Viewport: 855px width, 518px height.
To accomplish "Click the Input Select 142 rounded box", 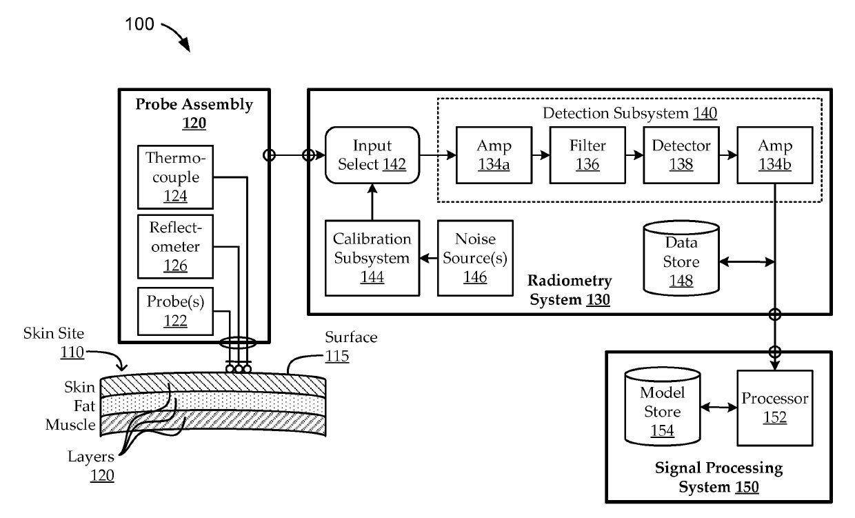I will (372, 155).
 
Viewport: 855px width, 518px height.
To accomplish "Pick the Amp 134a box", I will (493, 155).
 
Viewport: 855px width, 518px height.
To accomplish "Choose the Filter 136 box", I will (587, 155).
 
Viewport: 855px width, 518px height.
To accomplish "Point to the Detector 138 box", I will (681, 155).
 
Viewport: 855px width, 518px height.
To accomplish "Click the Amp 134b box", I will (774, 155).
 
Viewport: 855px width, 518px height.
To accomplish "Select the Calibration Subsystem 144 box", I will (372, 259).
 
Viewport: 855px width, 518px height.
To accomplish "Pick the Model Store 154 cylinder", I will (661, 408).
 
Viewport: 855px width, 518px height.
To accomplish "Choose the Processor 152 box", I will (774, 408).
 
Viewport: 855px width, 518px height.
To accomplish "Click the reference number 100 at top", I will (139, 25).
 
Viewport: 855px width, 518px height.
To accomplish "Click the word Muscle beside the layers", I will (70, 424).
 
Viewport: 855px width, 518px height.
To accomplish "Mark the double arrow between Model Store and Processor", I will (718, 408).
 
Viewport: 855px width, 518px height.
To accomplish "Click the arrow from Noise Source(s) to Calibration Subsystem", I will (430, 259).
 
